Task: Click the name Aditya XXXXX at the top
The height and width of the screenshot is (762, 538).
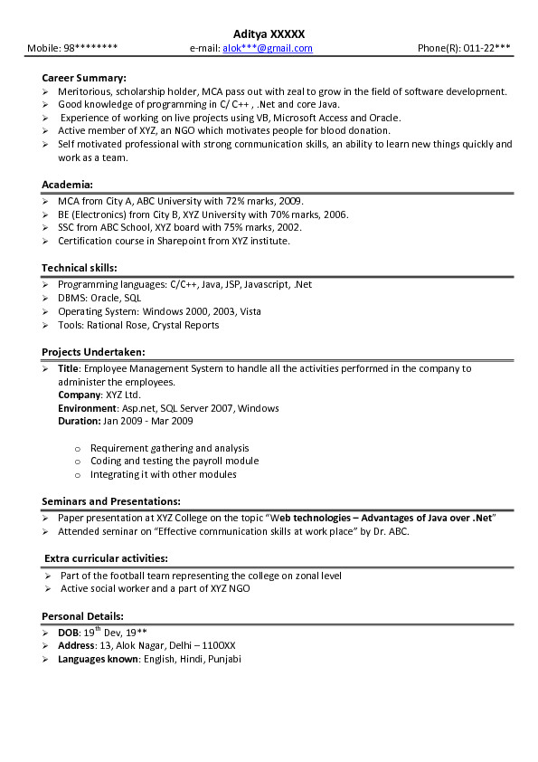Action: click(269, 33)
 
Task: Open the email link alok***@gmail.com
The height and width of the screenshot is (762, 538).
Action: click(268, 48)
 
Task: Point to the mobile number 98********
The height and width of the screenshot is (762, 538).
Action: click(88, 48)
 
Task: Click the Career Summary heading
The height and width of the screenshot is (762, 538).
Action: click(84, 78)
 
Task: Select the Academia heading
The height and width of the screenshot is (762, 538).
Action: click(67, 185)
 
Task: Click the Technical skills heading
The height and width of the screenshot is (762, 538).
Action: click(80, 268)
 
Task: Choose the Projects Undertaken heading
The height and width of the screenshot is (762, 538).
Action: click(93, 352)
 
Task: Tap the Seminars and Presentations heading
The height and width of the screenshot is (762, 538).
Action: click(110, 501)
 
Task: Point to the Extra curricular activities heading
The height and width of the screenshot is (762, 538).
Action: click(106, 558)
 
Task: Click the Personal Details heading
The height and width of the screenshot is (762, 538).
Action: click(82, 616)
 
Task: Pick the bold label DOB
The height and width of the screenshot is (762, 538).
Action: click(68, 633)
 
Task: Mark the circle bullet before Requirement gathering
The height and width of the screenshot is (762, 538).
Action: click(78, 448)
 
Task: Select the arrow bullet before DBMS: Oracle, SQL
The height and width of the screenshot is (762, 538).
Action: click(46, 298)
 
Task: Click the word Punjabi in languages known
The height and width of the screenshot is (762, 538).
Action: click(223, 659)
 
